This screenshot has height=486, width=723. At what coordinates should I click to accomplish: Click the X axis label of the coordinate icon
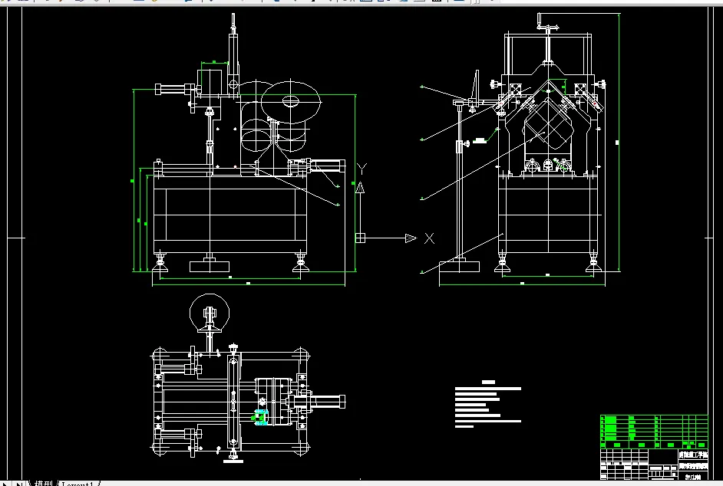(429, 238)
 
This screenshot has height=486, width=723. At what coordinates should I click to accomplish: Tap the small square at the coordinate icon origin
(359, 238)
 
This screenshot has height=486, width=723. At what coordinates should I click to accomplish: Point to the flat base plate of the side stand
(459, 266)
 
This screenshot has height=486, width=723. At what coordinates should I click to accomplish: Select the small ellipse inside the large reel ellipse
(291, 100)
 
